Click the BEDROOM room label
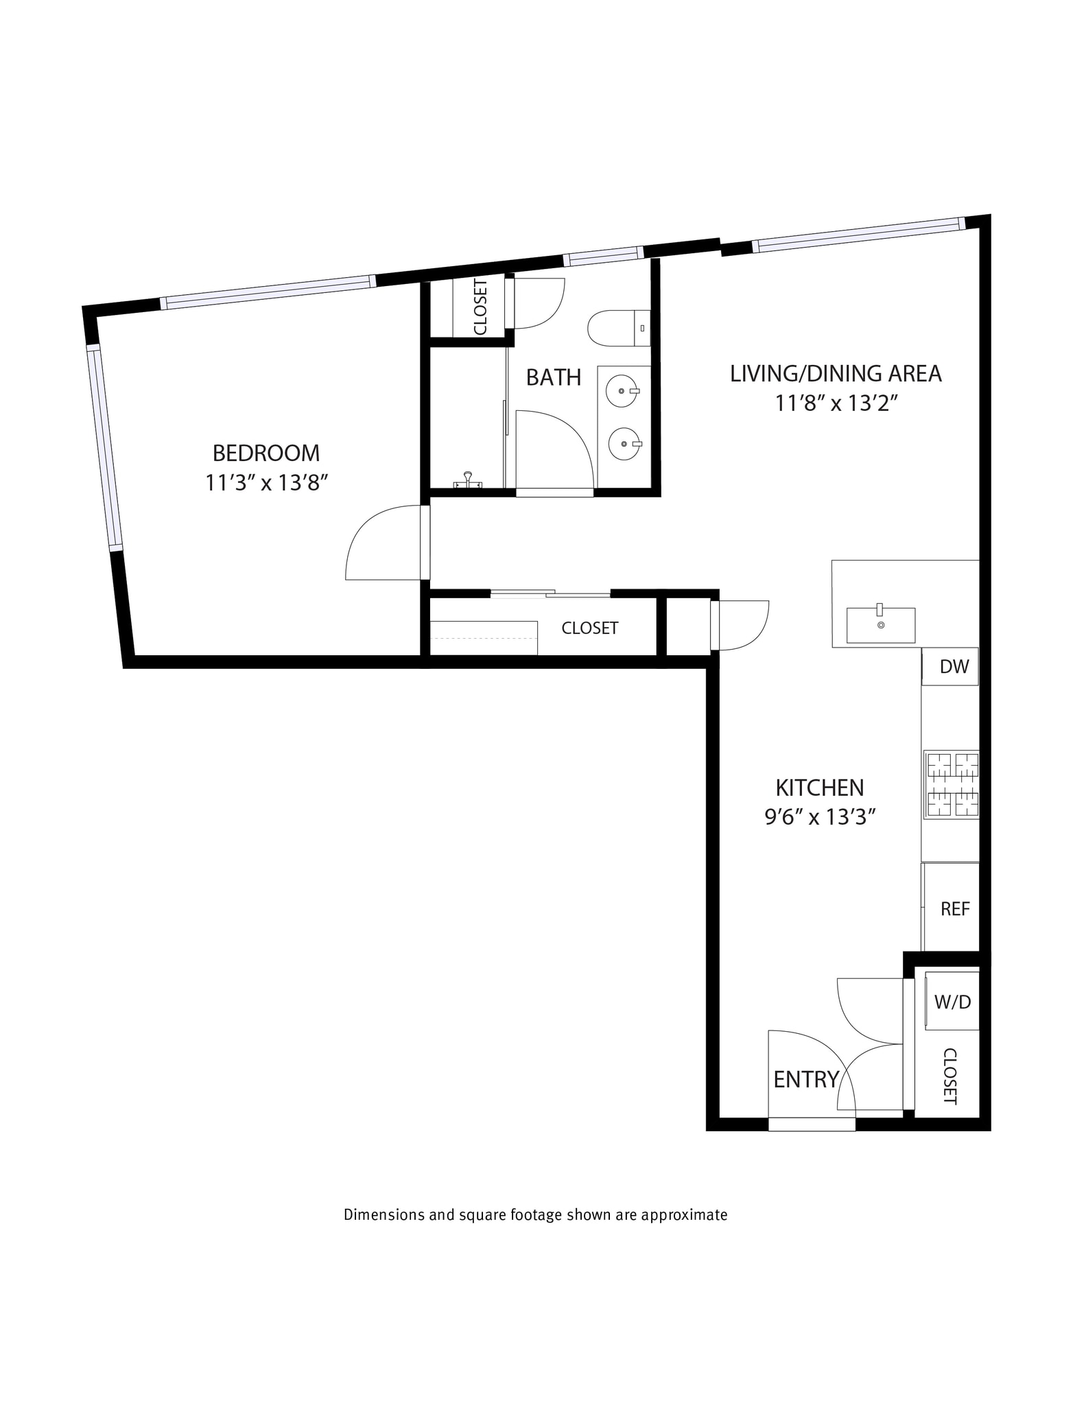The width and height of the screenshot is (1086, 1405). (x=265, y=453)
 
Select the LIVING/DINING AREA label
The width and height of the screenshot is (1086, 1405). (x=835, y=374)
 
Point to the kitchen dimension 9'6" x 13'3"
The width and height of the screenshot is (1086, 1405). (x=820, y=817)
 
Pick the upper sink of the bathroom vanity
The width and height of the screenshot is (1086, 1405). (x=622, y=391)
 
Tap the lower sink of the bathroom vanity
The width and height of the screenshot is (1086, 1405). (x=624, y=445)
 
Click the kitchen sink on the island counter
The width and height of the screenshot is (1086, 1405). (x=880, y=625)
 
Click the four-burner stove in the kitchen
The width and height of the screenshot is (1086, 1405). (x=951, y=785)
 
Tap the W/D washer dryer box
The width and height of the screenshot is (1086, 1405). (x=952, y=1002)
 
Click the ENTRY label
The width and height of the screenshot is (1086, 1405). (x=805, y=1080)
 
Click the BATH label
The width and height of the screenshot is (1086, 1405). (x=553, y=377)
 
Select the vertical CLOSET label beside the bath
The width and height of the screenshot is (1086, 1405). (x=480, y=307)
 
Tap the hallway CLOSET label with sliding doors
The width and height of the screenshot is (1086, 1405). (x=589, y=628)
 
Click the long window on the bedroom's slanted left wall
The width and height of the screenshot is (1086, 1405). (x=104, y=449)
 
